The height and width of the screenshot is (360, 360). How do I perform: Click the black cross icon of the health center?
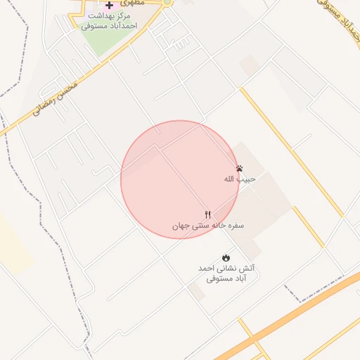pos(109,5)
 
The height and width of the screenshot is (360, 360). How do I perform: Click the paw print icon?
pos(240,169)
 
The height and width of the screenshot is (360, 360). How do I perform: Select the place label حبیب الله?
pos(240,179)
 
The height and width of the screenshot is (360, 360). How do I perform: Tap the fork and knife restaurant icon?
pos(207,214)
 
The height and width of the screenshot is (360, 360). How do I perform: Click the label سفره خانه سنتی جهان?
pos(208,226)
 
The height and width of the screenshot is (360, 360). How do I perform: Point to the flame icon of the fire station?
pos(226,258)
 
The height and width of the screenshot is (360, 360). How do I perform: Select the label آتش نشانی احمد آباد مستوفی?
pos(226,274)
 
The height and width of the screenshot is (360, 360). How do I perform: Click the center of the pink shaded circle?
pos(179,179)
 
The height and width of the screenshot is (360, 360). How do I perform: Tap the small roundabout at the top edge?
pos(167,3)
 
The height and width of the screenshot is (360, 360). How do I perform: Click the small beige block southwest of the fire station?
pos(197,292)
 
